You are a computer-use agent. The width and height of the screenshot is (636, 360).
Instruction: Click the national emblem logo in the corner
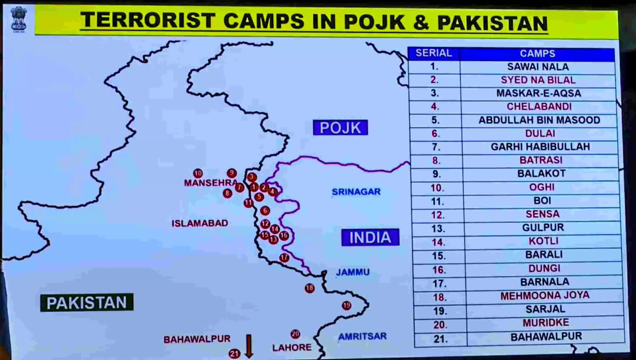(19, 19)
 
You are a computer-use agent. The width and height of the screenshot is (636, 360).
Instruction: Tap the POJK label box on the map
(340, 127)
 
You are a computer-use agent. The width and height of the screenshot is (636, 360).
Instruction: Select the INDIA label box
(370, 237)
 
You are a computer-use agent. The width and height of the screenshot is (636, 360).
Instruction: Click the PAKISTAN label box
(87, 303)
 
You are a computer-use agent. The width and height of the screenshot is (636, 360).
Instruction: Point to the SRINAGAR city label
(356, 192)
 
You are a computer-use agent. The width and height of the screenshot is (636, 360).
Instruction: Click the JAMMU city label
(353, 272)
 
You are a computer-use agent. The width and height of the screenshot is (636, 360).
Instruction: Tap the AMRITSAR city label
(362, 336)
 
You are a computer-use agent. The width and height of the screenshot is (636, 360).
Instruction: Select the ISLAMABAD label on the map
(200, 223)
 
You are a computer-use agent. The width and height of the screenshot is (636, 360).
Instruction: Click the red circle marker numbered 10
(198, 173)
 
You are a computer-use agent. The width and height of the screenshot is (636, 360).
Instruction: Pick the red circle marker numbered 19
(347, 305)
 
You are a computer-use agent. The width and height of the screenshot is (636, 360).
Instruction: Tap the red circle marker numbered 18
(310, 288)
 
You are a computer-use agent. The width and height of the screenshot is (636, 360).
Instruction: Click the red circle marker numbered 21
(234, 354)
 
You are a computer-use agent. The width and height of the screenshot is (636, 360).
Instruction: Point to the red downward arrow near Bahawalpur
(249, 346)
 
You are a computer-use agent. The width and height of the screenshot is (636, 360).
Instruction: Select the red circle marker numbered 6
(265, 211)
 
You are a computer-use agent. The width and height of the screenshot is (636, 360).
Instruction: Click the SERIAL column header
(434, 53)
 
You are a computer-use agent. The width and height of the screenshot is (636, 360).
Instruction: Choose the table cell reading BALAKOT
(541, 174)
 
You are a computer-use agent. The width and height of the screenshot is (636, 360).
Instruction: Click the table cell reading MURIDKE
(546, 323)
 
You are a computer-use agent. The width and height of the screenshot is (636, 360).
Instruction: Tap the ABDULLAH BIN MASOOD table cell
(539, 120)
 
